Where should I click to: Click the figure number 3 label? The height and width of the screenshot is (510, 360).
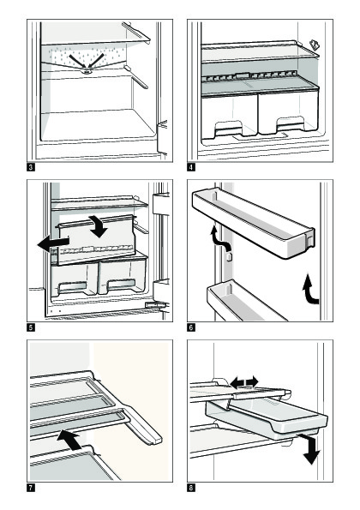click(x=31, y=167)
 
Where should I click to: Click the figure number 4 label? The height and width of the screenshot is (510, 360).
click(x=191, y=167)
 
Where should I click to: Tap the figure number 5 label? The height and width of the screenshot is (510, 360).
click(x=31, y=327)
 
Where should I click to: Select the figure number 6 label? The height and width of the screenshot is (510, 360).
click(x=191, y=327)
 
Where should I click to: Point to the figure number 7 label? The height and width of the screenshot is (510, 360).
click(x=31, y=488)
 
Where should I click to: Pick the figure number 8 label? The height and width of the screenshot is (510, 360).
click(x=191, y=488)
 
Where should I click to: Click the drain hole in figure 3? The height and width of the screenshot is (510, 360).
click(x=87, y=71)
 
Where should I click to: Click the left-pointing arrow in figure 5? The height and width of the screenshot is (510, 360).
click(x=53, y=244)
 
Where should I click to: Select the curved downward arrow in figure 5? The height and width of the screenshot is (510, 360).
click(x=99, y=226)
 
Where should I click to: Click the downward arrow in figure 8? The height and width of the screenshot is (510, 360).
click(x=310, y=449)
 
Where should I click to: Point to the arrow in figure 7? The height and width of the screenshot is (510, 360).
click(x=69, y=440)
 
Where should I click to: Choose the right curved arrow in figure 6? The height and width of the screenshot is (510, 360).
click(x=310, y=289)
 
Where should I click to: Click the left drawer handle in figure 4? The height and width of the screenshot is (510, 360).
click(x=228, y=129)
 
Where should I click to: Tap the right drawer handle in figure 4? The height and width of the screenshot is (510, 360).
click(x=290, y=124)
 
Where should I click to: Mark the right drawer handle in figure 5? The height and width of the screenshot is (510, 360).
click(x=121, y=285)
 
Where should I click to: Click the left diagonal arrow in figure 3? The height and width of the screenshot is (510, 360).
click(x=77, y=62)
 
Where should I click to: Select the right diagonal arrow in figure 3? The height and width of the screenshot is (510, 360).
click(x=96, y=61)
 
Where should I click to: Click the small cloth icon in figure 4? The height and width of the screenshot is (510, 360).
click(x=314, y=45)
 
